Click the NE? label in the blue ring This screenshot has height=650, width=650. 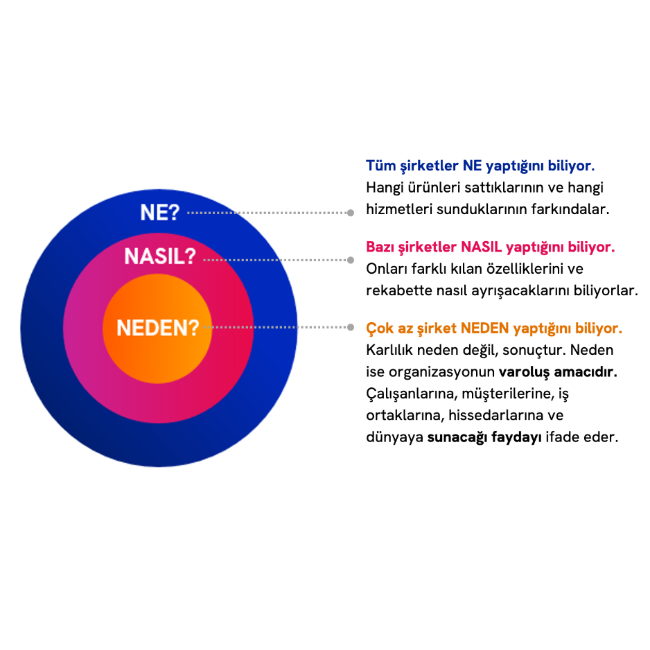pyautogui.click(x=159, y=212)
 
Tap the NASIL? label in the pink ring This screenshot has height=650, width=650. pyautogui.click(x=160, y=256)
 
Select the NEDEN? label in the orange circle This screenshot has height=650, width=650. pyautogui.click(x=157, y=327)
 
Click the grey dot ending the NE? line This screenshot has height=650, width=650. pyautogui.click(x=351, y=213)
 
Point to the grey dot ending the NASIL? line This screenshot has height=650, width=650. pyautogui.click(x=351, y=260)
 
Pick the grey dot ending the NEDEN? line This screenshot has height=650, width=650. pyautogui.click(x=351, y=327)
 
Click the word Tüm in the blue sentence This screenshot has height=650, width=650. pyautogui.click(x=380, y=166)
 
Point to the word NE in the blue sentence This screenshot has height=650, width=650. pyautogui.click(x=472, y=166)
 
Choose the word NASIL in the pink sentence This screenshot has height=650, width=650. pyautogui.click(x=482, y=247)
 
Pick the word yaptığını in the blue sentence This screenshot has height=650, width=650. pyautogui.click(x=514, y=167)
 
